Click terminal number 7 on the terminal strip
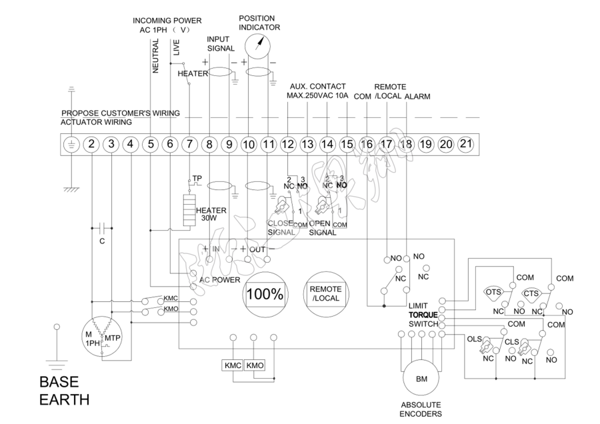click(189, 144)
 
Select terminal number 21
click(465, 144)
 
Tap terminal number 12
click(287, 144)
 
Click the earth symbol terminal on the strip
click(71, 144)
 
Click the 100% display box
click(265, 293)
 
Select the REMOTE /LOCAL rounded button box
click(325, 293)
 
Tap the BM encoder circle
click(422, 379)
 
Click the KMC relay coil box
click(233, 366)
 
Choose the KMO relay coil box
click(255, 366)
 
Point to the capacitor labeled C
click(102, 227)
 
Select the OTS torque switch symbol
click(493, 293)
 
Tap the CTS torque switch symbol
click(532, 293)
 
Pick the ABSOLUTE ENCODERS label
click(421, 409)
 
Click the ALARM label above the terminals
click(417, 96)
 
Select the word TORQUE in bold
click(423, 314)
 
